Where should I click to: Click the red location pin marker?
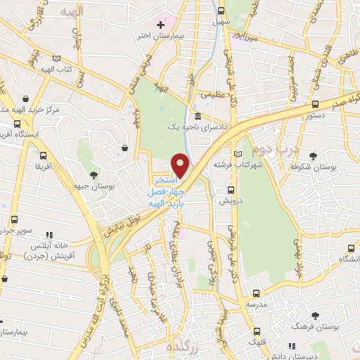coord(180,166)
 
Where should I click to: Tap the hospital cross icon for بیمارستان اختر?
coord(161,25)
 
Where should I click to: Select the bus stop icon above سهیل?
coord(221,11)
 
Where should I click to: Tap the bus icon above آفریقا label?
coord(44,155)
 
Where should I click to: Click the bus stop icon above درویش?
coord(231,190)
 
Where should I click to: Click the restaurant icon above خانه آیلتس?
coord(49,236)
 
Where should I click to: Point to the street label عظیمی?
coord(213,93)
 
